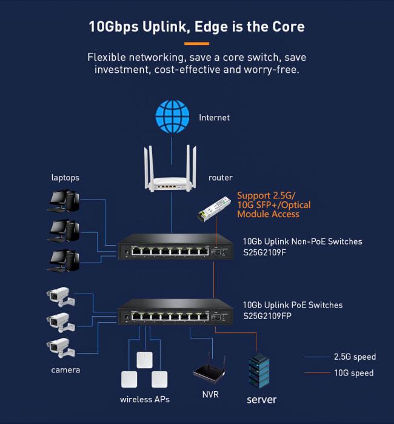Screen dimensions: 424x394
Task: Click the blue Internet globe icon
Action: pos(172,117)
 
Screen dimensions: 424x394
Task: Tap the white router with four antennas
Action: pos(172,172)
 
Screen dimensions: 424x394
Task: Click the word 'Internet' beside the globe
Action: pos(214,117)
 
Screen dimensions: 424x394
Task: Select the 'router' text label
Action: pos(220,178)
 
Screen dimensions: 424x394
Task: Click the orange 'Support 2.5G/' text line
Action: pos(265,195)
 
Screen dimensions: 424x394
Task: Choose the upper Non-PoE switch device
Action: pos(175,250)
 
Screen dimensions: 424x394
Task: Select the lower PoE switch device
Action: pos(175,314)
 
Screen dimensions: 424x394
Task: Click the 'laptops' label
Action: pos(65,178)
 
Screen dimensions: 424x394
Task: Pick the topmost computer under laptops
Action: pos(64,201)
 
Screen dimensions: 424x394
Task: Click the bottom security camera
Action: pos(61,348)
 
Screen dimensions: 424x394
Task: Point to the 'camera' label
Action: pos(65,369)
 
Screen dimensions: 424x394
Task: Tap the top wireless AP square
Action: pos(144,360)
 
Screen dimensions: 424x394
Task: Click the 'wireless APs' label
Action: pos(145,399)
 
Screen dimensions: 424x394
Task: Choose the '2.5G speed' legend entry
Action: pos(355,357)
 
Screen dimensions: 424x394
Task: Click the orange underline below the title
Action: pos(196,44)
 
